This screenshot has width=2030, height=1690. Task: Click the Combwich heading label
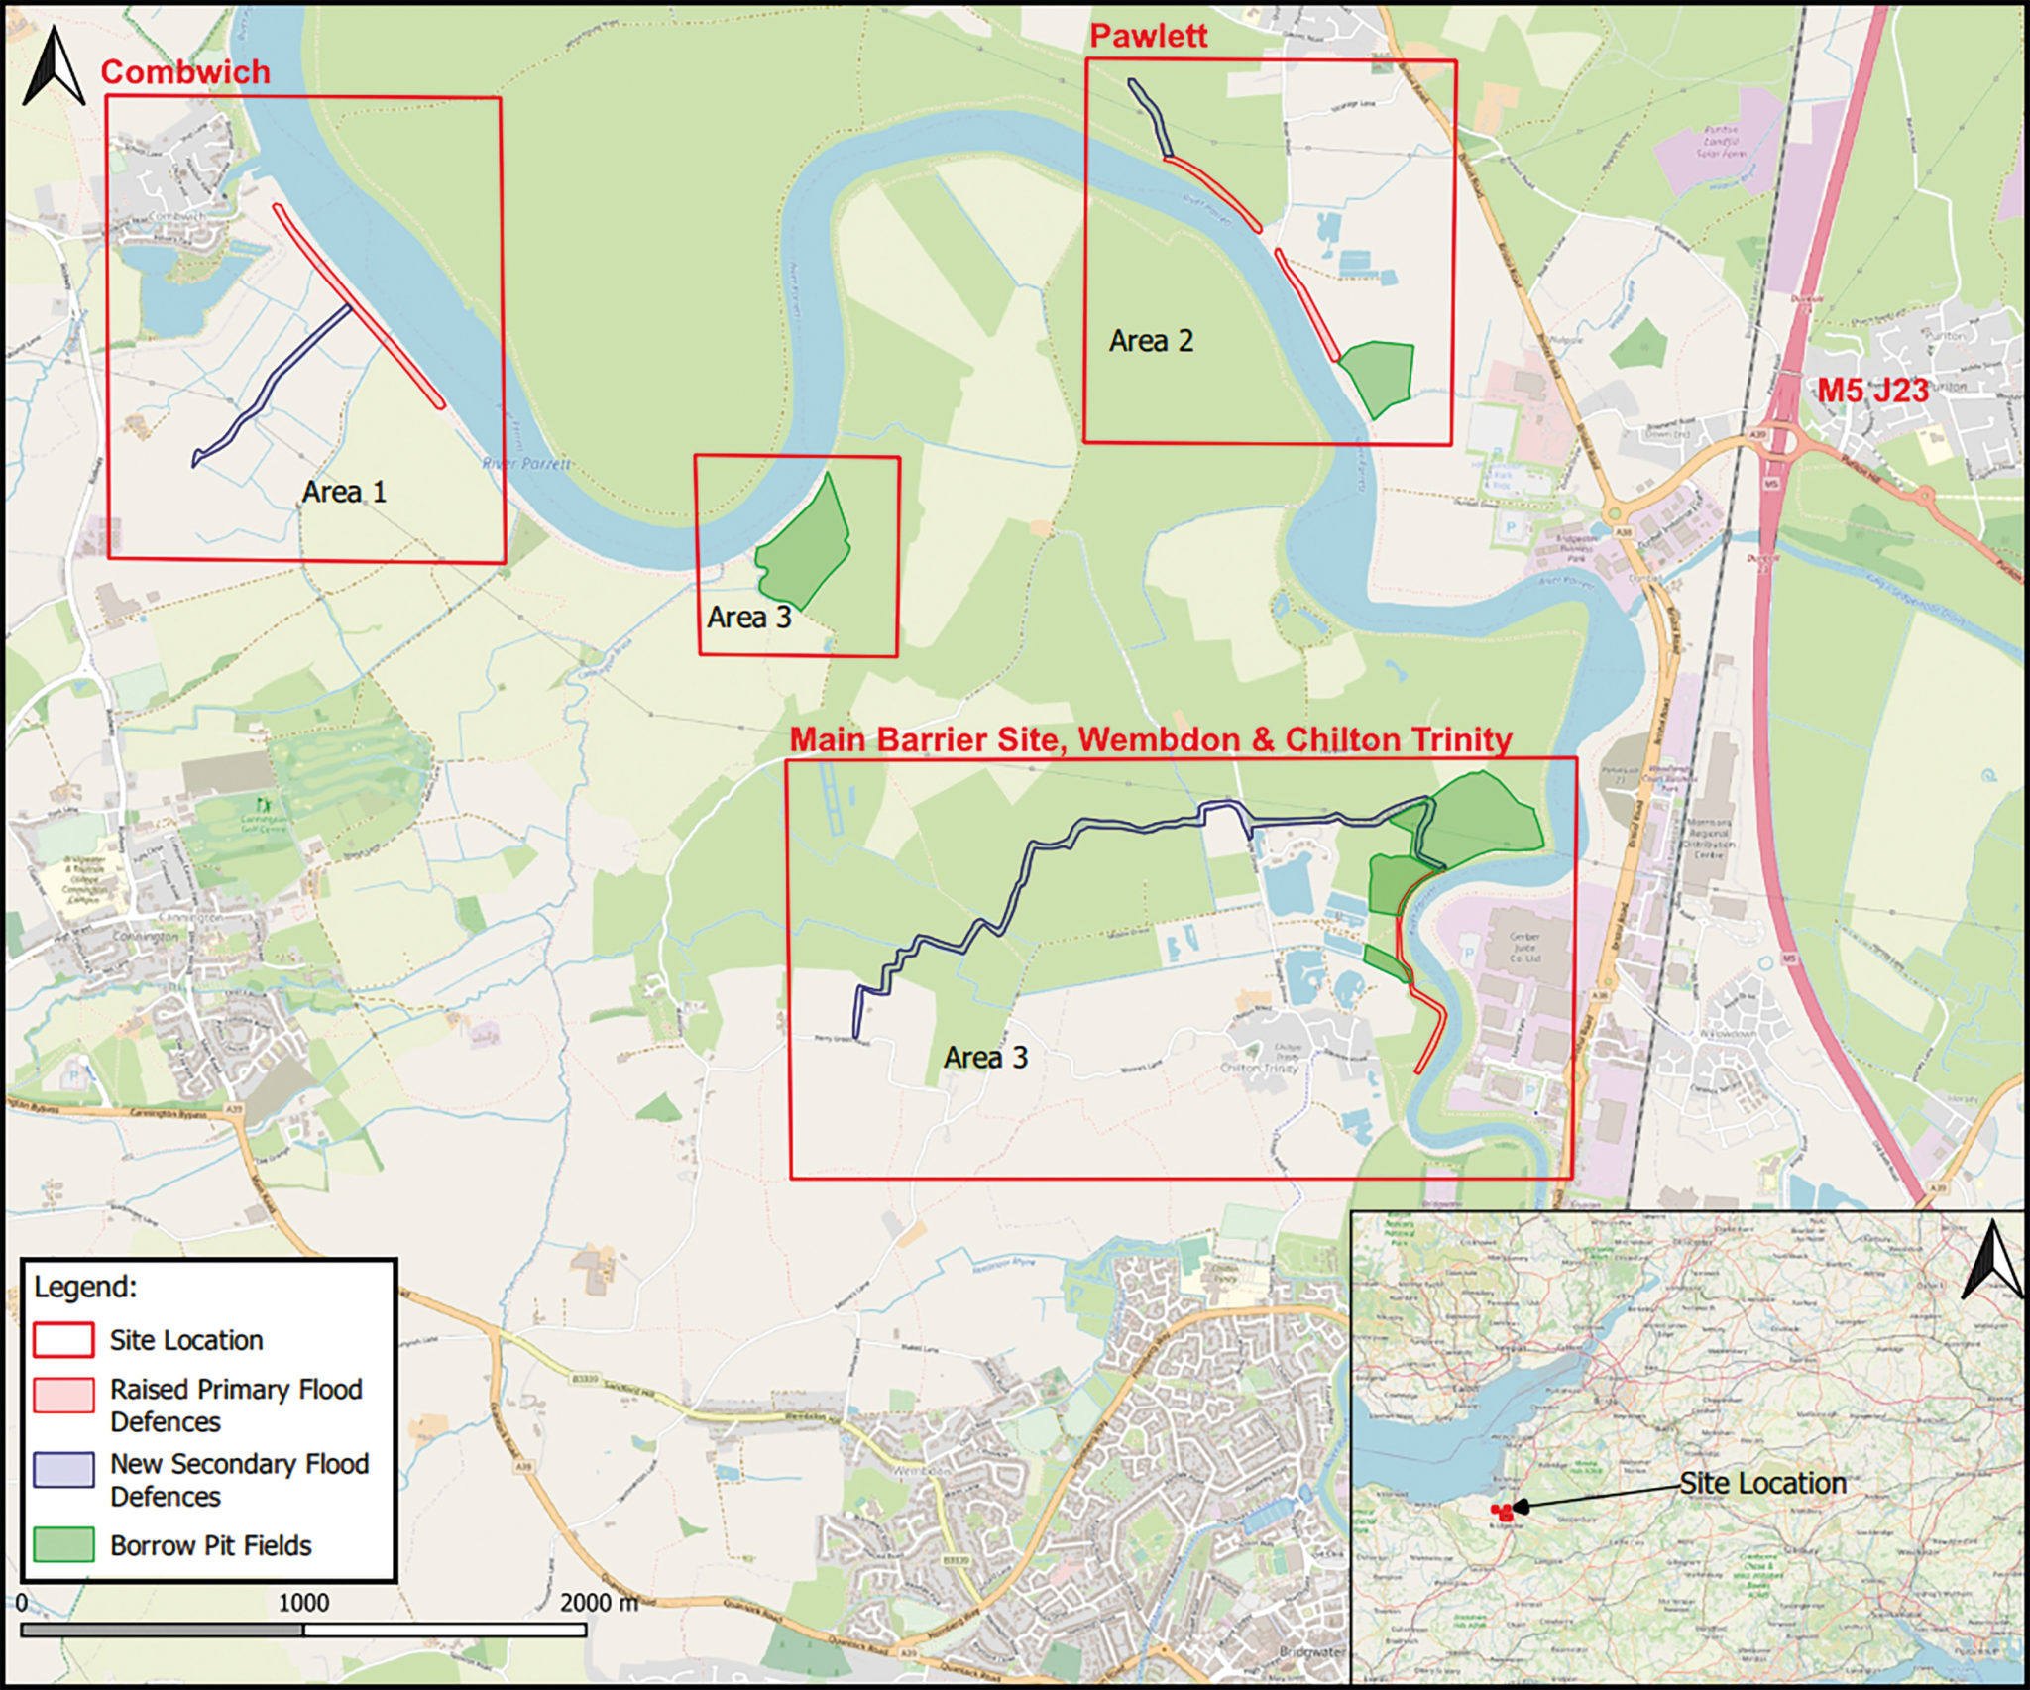185,72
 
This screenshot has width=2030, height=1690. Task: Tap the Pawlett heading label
1148,37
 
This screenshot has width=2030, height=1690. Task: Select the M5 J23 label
1872,390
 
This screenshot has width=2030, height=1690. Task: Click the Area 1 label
344,492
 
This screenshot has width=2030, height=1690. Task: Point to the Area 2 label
1151,341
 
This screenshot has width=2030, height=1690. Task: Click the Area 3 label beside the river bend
749,618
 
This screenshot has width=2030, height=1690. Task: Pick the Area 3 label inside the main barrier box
985,1058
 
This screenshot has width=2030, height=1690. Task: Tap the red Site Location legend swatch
63,1340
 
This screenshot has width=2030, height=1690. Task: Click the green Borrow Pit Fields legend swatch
63,1544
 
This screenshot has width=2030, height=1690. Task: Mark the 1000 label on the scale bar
303,1603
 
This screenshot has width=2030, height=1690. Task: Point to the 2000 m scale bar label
599,1603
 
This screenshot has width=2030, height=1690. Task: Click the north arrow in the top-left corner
54,67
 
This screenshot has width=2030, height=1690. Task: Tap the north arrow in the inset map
1992,1261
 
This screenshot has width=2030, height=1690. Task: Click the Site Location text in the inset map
1762,1483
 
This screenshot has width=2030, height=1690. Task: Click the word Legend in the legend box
85,1287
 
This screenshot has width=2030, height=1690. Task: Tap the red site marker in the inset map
1503,1511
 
